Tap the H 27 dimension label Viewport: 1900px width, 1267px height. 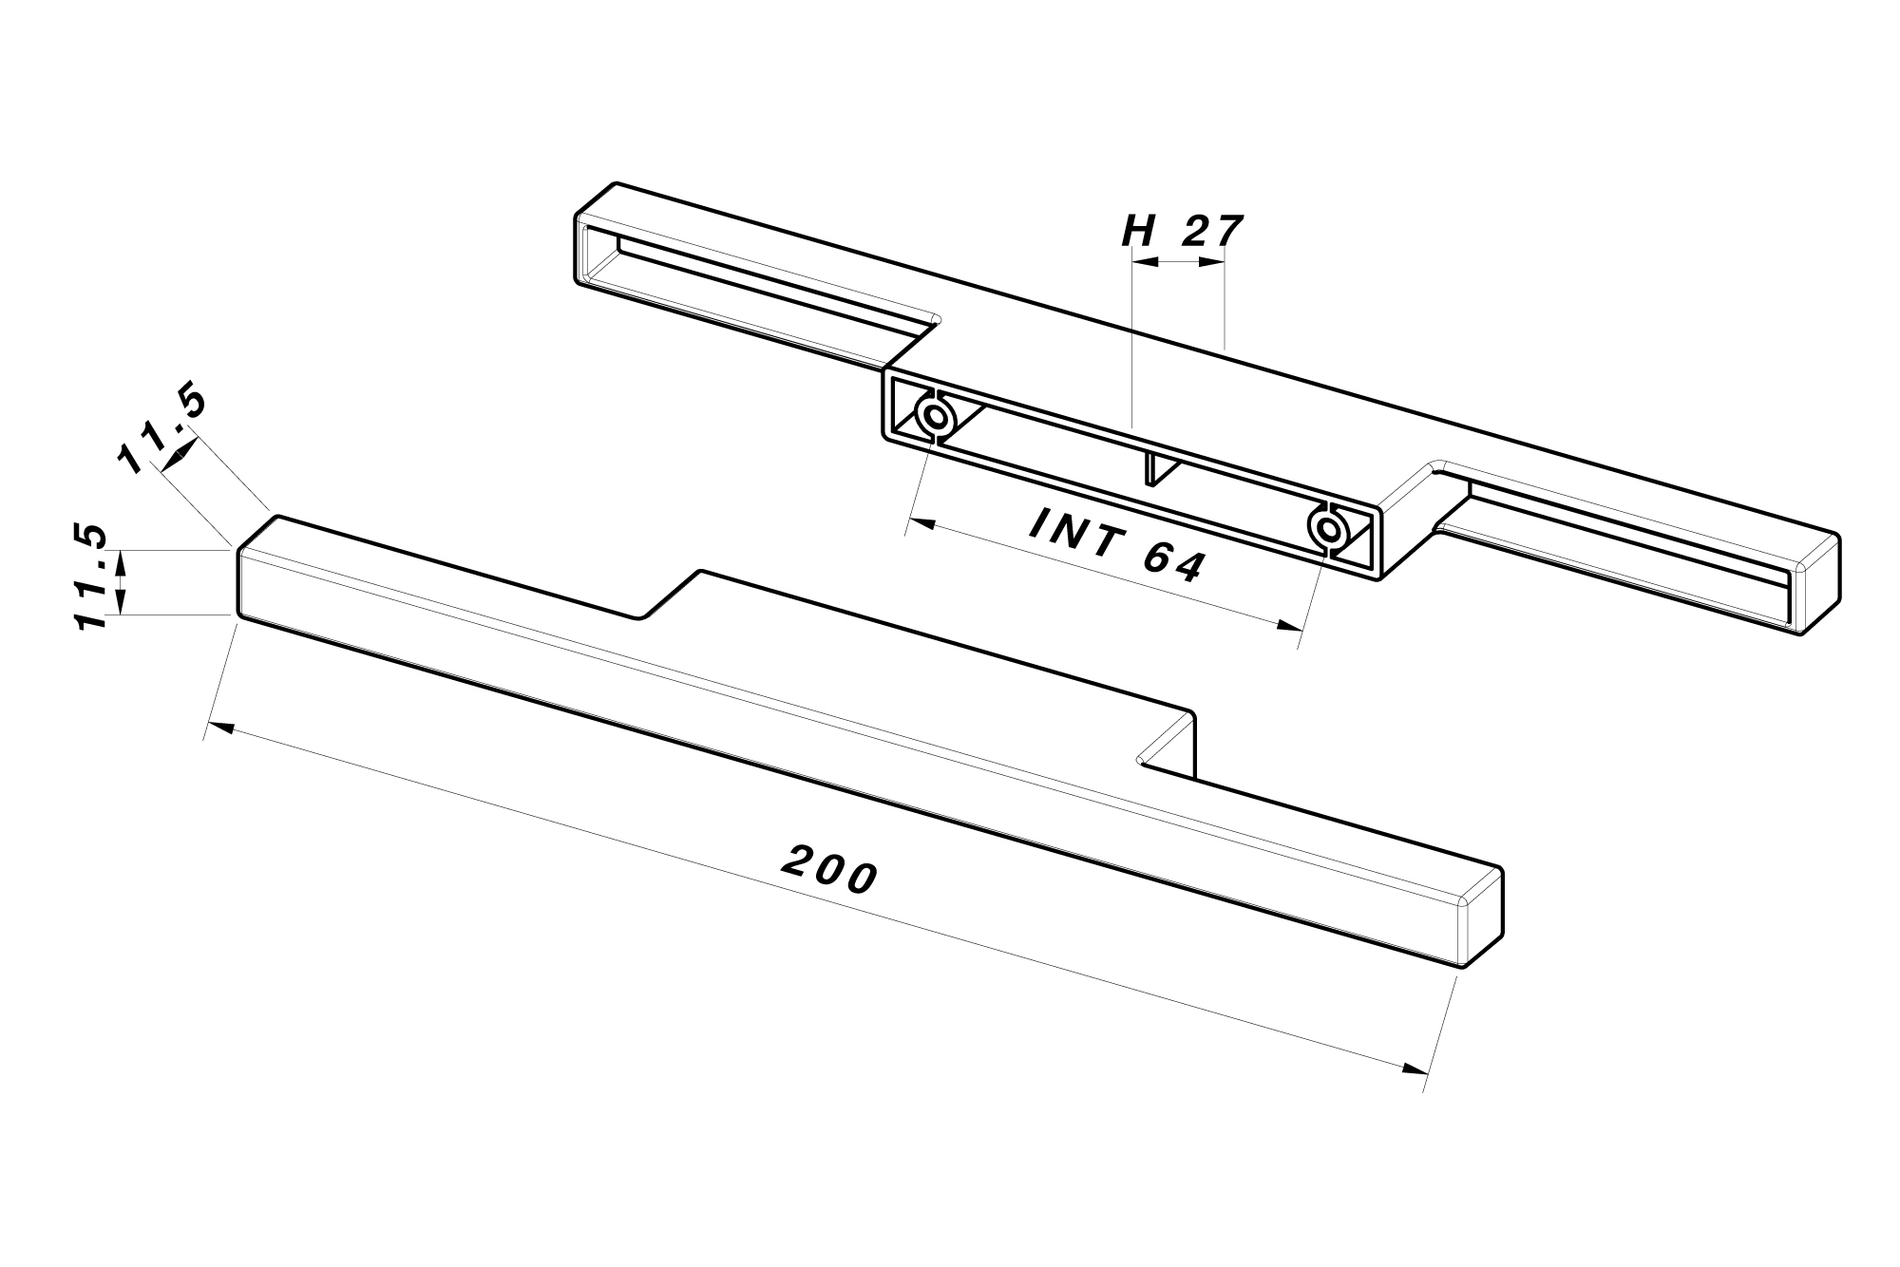click(1182, 231)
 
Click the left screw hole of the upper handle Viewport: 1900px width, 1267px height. click(934, 417)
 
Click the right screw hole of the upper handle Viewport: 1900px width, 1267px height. click(1327, 528)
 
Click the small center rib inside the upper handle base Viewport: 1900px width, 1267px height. click(1150, 469)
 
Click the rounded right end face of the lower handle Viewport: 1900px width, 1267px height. click(1482, 917)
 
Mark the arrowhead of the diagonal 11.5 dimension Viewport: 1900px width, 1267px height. click(174, 458)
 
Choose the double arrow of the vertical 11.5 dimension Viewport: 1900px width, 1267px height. click(120, 582)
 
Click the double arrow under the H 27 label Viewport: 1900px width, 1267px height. click(1179, 262)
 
